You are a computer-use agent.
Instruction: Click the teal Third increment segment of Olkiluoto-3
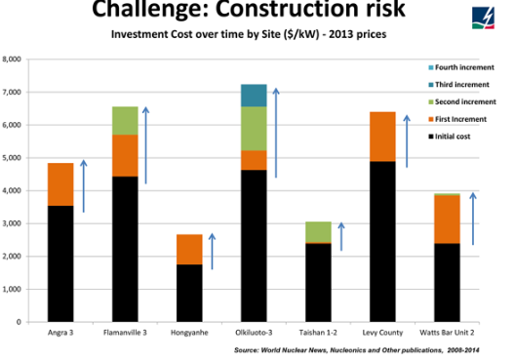pos(253,96)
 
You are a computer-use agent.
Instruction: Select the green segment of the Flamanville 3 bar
pos(124,120)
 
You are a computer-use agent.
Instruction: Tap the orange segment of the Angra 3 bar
pos(60,184)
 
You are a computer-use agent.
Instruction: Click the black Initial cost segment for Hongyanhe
pos(188,293)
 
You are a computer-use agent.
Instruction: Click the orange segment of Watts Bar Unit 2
pos(446,219)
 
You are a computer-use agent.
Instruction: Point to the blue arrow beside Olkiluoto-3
pos(276,133)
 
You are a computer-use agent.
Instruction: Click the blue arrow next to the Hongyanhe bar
pos(212,250)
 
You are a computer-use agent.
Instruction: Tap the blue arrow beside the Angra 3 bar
pos(84,185)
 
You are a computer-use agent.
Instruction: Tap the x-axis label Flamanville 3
pos(124,332)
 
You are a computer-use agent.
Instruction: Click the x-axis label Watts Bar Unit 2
pos(446,332)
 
